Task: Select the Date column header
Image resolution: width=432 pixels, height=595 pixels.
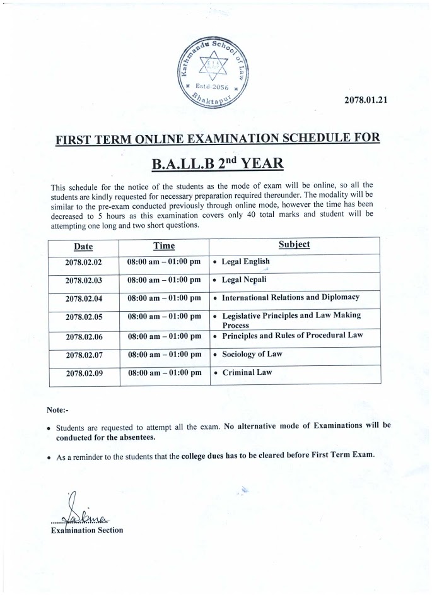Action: coord(83,246)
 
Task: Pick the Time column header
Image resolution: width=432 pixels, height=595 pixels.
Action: coord(164,245)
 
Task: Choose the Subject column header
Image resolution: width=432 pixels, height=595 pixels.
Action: coord(294,244)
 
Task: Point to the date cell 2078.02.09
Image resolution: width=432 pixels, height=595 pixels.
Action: coord(83,374)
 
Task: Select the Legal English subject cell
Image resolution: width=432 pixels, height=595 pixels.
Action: coord(245,262)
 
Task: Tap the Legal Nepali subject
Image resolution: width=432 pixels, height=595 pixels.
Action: coord(245,280)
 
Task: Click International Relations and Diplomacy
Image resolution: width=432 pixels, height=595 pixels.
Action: coord(290,297)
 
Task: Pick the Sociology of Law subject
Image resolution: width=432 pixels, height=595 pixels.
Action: coord(252,355)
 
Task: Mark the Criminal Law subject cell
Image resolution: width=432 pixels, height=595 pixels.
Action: coord(247,373)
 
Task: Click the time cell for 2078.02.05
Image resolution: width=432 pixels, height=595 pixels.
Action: coord(164,316)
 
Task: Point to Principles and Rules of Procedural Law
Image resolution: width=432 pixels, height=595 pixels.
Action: coord(293,336)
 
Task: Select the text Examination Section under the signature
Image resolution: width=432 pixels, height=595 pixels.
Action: coord(86,530)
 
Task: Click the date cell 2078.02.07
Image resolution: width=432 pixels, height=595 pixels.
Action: coord(83,355)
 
